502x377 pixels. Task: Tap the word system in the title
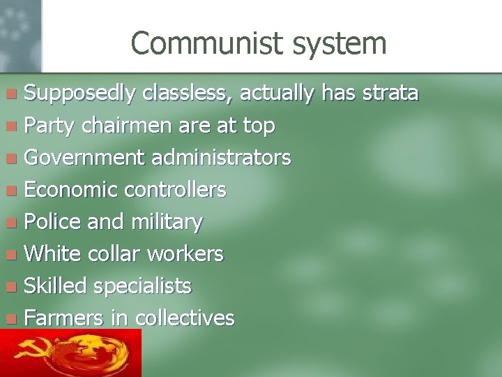340,44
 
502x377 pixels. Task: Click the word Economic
71,190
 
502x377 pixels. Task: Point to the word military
167,223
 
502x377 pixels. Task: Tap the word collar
113,253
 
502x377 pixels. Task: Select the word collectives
185,318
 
